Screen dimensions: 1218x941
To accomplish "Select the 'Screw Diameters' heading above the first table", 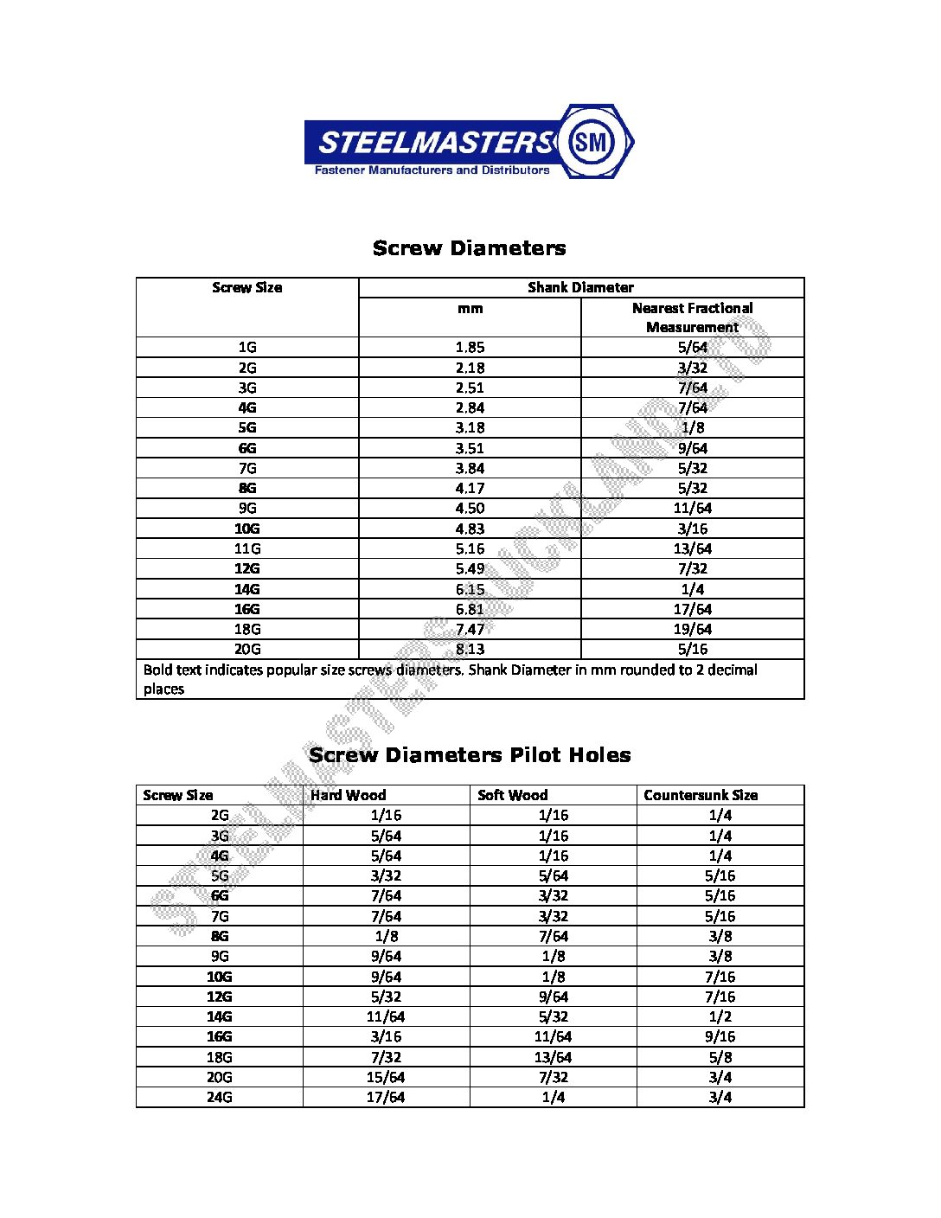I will pos(469,248).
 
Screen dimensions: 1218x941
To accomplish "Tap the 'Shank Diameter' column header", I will pos(580,287).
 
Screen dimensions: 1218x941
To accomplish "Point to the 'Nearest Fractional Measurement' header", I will pos(692,317).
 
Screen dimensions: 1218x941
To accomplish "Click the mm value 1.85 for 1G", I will pos(470,347).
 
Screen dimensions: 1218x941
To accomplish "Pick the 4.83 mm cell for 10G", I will pos(470,529).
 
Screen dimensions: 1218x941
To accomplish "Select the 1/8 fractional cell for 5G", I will pos(692,427).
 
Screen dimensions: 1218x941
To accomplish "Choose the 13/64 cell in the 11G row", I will pos(692,548).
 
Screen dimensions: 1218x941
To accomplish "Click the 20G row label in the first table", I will pos(247,649).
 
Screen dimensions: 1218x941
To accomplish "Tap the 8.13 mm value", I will pos(470,649).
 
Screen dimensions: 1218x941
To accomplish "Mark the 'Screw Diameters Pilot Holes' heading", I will pos(470,755).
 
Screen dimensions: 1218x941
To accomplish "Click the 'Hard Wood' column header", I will pos(349,795).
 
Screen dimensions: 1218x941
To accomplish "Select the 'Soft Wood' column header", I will pos(512,795).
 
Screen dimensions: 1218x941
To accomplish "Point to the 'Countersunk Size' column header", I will pos(701,795).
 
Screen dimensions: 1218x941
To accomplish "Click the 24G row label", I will pos(220,1097).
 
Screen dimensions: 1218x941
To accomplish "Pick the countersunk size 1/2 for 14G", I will pos(720,1016).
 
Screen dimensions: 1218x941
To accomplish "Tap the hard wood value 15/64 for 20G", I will pos(386,1077).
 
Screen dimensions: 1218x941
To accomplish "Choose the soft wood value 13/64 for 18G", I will pos(554,1057).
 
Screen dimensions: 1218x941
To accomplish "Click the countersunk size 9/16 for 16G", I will pos(720,1036).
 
